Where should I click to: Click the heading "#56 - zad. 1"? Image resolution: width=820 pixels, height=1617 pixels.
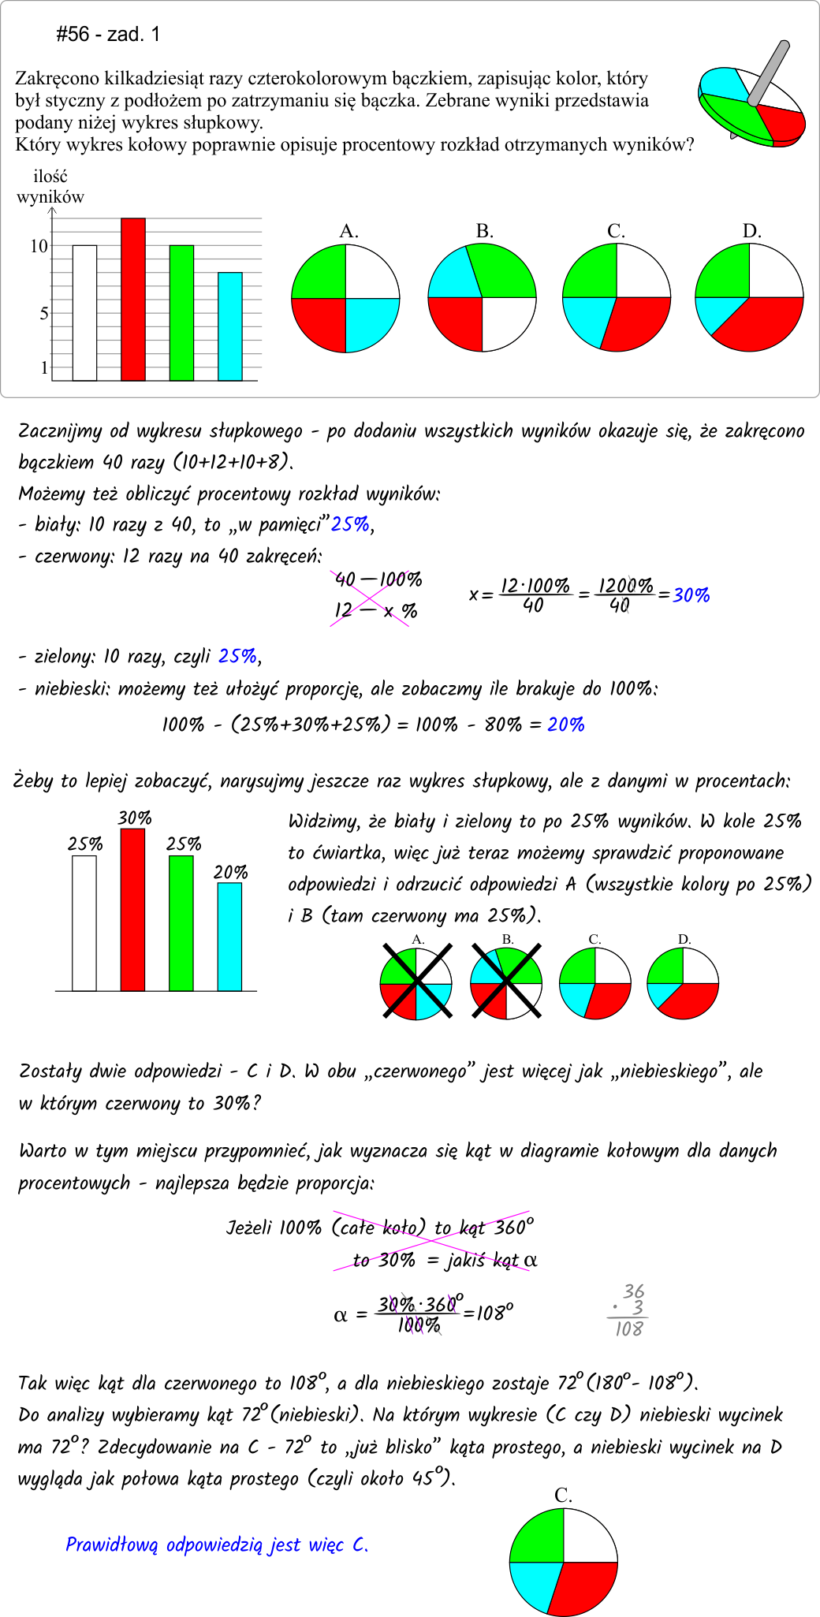click(108, 34)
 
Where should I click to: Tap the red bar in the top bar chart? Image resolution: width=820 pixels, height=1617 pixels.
click(132, 300)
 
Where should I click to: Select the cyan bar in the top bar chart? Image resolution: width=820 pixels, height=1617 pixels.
click(230, 326)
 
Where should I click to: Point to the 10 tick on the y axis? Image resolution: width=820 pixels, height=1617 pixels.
click(39, 246)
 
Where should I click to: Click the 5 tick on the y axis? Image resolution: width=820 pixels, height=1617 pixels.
click(43, 314)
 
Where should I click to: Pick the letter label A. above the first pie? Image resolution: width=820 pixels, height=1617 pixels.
click(348, 231)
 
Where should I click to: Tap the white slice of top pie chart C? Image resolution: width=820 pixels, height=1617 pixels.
click(642, 272)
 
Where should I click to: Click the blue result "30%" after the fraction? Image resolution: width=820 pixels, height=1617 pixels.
click(691, 595)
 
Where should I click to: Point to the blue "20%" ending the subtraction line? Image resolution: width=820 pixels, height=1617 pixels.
click(566, 725)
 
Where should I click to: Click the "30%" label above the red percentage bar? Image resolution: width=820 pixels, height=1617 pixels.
click(135, 818)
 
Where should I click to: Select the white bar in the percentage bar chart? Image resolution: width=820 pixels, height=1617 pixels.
click(84, 922)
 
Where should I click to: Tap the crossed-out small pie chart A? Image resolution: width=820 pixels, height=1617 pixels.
click(416, 983)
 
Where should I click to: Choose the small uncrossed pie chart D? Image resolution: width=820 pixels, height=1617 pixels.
click(683, 983)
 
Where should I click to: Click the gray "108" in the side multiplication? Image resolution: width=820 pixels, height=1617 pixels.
click(629, 1329)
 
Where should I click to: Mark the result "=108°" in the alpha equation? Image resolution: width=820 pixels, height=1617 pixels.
click(490, 1313)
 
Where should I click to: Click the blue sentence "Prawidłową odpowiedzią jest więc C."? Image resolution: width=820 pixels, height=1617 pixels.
click(217, 1544)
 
